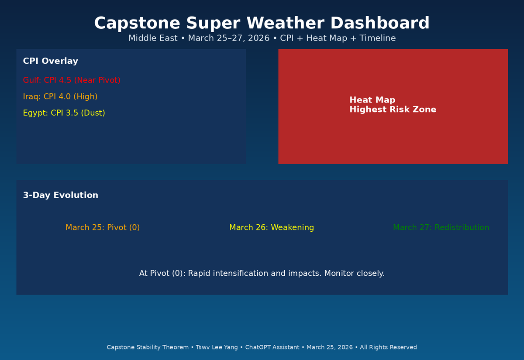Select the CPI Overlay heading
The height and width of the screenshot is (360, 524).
[50, 61]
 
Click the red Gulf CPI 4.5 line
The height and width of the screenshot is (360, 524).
[72, 80]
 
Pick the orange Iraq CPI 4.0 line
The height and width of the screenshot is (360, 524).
[60, 96]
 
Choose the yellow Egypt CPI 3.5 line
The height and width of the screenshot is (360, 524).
[64, 113]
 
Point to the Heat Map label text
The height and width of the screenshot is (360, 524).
[372, 100]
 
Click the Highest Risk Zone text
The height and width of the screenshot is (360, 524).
[393, 110]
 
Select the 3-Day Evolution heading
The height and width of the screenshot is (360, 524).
[60, 195]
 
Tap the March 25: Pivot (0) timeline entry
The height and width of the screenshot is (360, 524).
[103, 227]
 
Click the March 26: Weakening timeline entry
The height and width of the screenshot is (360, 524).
[271, 227]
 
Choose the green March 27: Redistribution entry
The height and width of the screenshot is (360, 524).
[441, 227]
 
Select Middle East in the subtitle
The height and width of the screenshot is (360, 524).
[153, 38]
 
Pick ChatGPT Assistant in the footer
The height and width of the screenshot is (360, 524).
[272, 347]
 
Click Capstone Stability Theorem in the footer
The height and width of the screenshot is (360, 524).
[148, 347]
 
